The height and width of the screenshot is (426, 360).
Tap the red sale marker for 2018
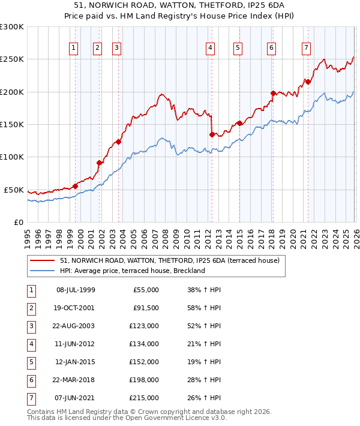click(273, 93)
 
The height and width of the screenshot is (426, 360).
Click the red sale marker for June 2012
click(212, 134)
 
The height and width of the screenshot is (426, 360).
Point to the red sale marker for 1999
click(76, 186)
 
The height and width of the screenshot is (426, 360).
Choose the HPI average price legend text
click(132, 271)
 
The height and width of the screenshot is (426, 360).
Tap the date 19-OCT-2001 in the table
click(75, 308)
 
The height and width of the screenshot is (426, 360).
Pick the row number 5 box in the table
click(31, 362)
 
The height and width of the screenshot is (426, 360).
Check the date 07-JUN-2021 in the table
click(75, 398)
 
